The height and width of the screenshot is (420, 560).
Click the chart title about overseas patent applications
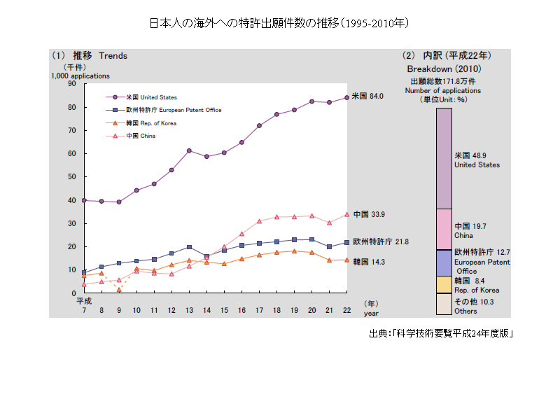[279, 23]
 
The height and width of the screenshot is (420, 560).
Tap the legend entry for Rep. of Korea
[150, 123]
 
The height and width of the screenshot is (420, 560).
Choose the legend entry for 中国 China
[141, 136]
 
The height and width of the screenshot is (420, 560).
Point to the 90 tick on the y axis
[71, 84]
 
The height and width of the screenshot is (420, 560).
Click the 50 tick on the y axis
[71, 177]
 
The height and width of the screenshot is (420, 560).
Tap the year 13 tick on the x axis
[189, 310]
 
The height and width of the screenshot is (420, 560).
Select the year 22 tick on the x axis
[346, 310]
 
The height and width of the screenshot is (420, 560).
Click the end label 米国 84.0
[367, 97]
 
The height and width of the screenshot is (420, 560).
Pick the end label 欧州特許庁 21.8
[380, 241]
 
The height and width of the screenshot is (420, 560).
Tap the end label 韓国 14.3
[369, 261]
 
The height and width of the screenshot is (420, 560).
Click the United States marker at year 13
[189, 150]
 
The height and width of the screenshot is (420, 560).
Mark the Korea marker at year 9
[119, 290]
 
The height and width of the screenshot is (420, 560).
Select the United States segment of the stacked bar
[444, 158]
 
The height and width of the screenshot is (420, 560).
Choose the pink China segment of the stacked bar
[444, 229]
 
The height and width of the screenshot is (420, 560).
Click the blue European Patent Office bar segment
[444, 262]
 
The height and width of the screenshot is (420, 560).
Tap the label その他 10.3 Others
[475, 306]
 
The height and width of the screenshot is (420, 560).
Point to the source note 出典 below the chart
[442, 333]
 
